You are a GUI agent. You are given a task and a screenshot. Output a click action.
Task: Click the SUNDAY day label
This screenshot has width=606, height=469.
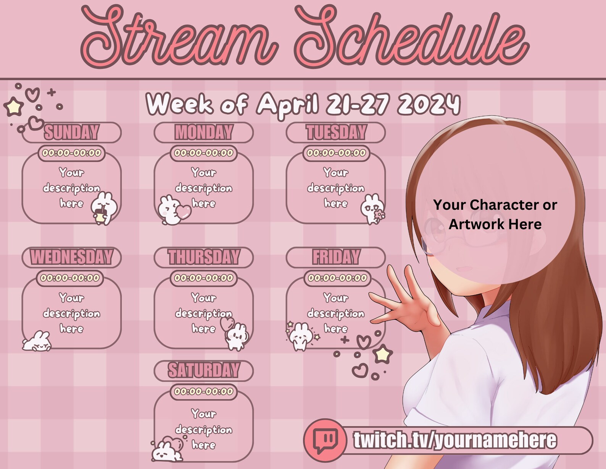tap(71, 132)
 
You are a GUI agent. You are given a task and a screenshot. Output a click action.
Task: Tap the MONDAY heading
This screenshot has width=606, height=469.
tap(204, 132)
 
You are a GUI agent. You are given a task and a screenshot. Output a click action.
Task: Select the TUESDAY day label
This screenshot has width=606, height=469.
tap(336, 132)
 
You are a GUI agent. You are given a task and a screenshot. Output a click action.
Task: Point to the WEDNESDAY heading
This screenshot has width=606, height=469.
tap(71, 257)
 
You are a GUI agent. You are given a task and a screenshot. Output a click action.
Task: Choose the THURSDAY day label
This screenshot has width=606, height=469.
tap(204, 257)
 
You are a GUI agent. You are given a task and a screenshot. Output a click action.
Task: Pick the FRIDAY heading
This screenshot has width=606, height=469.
tap(336, 257)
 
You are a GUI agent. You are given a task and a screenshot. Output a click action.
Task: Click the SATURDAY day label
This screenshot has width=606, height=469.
tap(204, 370)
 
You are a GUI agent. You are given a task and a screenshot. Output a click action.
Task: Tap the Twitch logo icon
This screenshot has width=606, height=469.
tap(325, 440)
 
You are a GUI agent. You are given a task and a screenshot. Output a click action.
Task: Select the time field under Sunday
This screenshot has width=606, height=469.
tap(71, 153)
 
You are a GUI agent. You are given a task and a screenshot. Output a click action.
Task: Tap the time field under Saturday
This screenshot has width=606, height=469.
tap(204, 391)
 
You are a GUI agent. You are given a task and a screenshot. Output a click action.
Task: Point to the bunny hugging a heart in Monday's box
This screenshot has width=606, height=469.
tap(172, 210)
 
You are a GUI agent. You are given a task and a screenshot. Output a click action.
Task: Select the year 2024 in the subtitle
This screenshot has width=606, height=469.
tap(429, 104)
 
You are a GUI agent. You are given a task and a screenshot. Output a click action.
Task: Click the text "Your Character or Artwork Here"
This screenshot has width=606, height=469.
tap(495, 214)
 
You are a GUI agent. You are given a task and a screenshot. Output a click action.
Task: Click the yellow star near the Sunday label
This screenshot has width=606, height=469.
tap(14, 107)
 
